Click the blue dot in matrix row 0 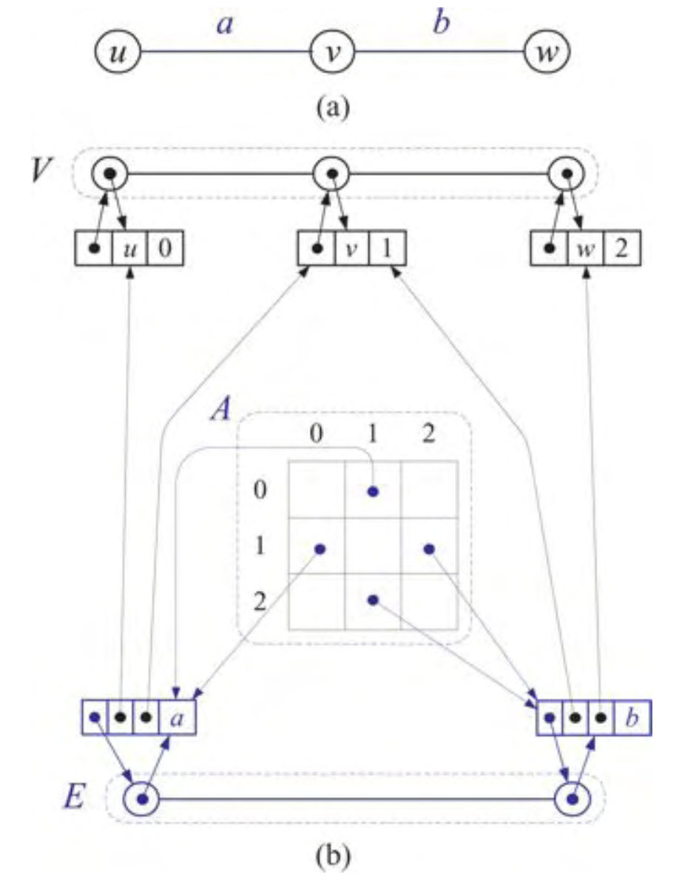[373, 490]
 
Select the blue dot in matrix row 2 [373, 600]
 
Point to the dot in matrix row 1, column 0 [319, 548]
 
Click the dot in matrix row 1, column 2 [428, 548]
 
